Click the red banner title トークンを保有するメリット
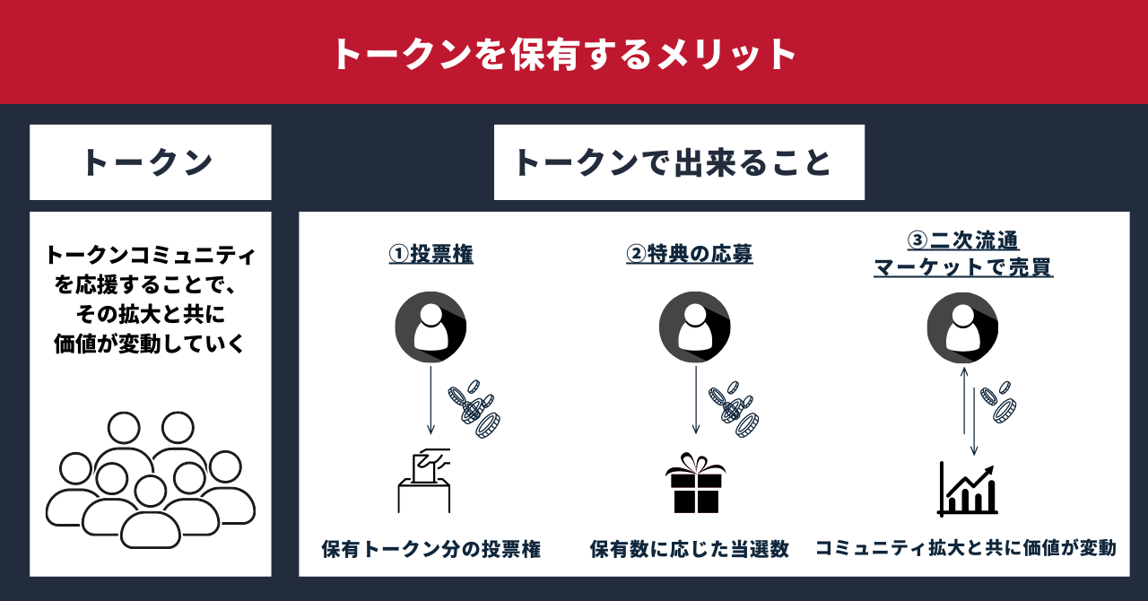[x=564, y=54]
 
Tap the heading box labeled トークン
[x=149, y=162]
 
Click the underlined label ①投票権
[x=431, y=254]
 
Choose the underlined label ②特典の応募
[x=690, y=254]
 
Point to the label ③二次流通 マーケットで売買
[x=963, y=254]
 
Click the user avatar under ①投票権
[x=431, y=327]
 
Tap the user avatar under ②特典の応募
[x=695, y=327]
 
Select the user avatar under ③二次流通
[x=962, y=327]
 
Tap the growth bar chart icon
[x=968, y=489]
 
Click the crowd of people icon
[x=150, y=480]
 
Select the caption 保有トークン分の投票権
[x=431, y=549]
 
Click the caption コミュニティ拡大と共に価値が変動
[x=965, y=547]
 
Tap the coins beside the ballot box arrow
[x=475, y=408]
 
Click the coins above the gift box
[x=735, y=408]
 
